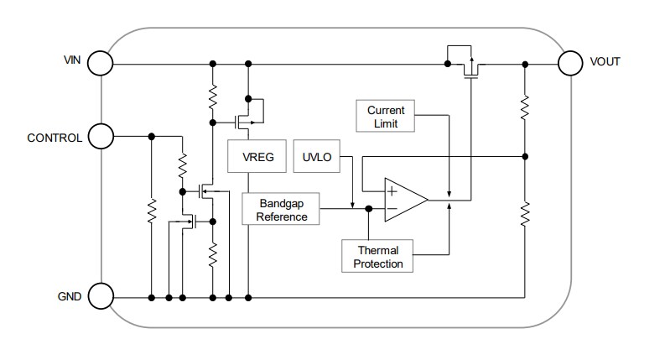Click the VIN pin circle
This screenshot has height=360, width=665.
tap(100, 63)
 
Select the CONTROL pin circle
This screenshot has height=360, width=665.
tap(100, 136)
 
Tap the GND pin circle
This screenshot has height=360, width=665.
tap(100, 296)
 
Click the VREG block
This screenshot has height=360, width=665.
tap(257, 157)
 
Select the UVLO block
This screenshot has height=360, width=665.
tap(312, 157)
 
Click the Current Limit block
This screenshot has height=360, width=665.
tap(386, 117)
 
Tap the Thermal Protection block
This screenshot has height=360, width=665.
tap(378, 257)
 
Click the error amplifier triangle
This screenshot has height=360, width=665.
tap(405, 200)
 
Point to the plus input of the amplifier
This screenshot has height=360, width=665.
tap(392, 190)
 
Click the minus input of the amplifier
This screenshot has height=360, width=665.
tap(392, 209)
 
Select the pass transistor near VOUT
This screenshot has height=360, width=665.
tap(470, 65)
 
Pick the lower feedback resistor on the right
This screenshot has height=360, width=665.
tap(525, 214)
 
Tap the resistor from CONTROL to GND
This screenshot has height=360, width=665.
tap(151, 214)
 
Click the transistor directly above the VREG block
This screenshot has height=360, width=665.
tap(247, 114)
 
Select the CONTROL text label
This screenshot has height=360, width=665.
tap(55, 137)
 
